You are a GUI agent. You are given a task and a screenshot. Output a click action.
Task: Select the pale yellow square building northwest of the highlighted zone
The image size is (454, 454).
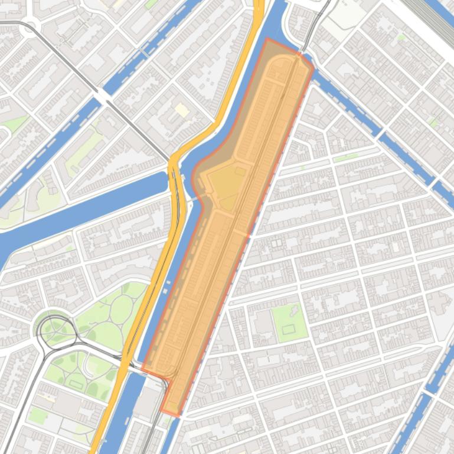(x=182, y=110)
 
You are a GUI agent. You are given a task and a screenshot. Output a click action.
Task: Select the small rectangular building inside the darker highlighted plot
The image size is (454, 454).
(x=240, y=171)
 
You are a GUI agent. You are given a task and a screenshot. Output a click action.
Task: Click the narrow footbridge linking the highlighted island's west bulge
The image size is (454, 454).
(x=189, y=179)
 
